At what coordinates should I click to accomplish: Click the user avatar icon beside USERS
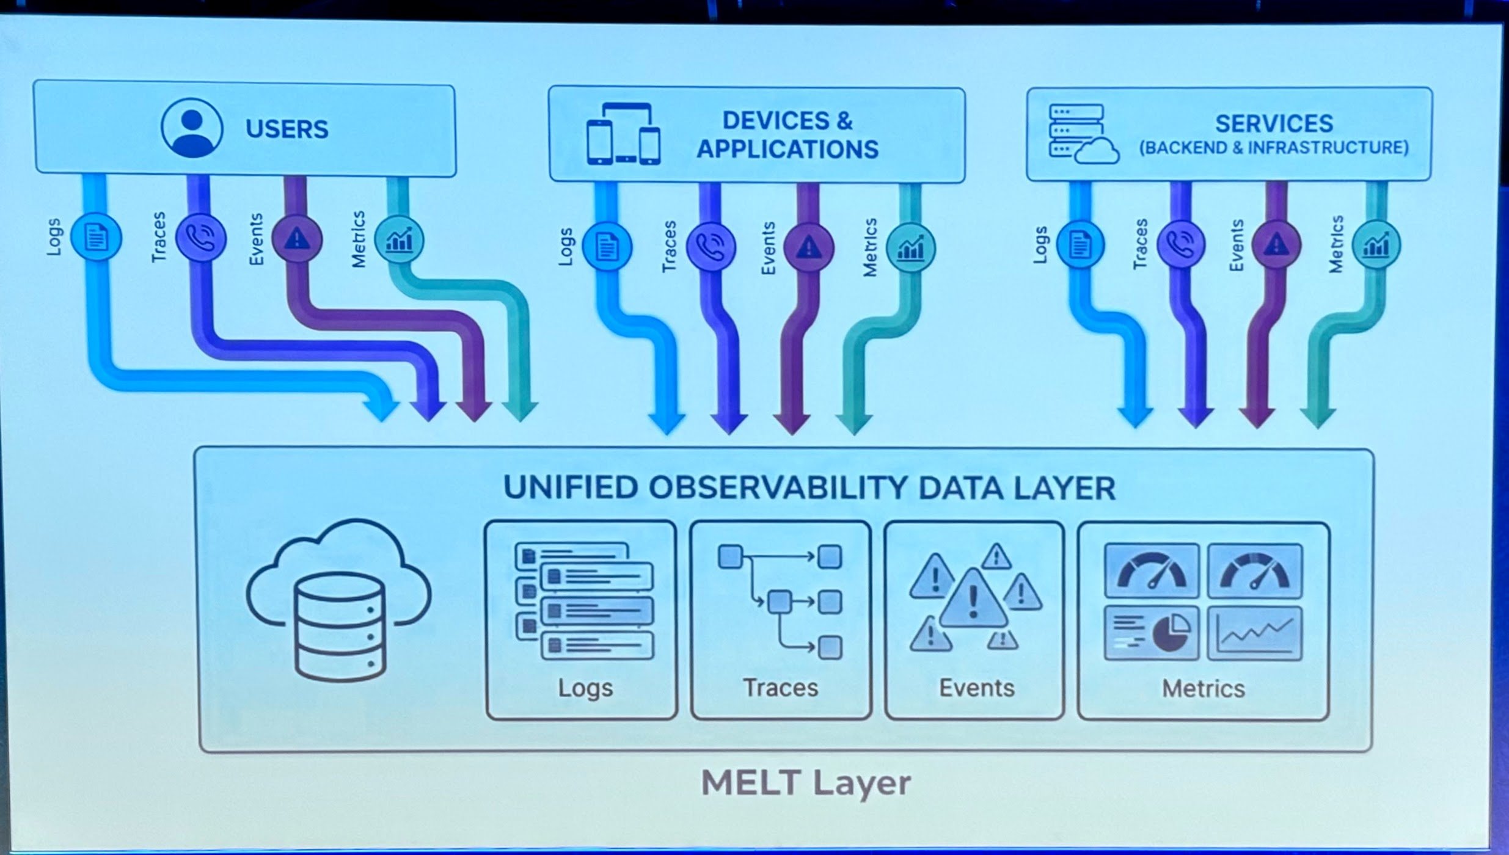coord(191,128)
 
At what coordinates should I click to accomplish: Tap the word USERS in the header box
coord(287,129)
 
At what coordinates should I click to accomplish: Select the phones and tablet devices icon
coord(623,134)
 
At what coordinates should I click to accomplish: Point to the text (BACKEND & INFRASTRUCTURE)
coord(1274,148)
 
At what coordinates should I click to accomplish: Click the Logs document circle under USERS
coord(96,238)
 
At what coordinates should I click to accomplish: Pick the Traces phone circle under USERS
coord(200,238)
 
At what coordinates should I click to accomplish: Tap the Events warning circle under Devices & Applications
coord(809,247)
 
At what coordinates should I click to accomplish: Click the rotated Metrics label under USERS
coord(359,239)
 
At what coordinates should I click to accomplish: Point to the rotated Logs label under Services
coord(1040,246)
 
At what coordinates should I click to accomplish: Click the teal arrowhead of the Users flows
coord(519,411)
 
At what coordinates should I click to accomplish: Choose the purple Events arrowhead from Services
coord(1257,418)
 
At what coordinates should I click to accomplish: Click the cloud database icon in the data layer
coord(339,602)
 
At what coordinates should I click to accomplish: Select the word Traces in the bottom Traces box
coord(780,688)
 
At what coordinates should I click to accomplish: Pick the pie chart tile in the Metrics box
coord(1152,633)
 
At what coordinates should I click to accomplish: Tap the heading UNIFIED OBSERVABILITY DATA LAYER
coord(809,488)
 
